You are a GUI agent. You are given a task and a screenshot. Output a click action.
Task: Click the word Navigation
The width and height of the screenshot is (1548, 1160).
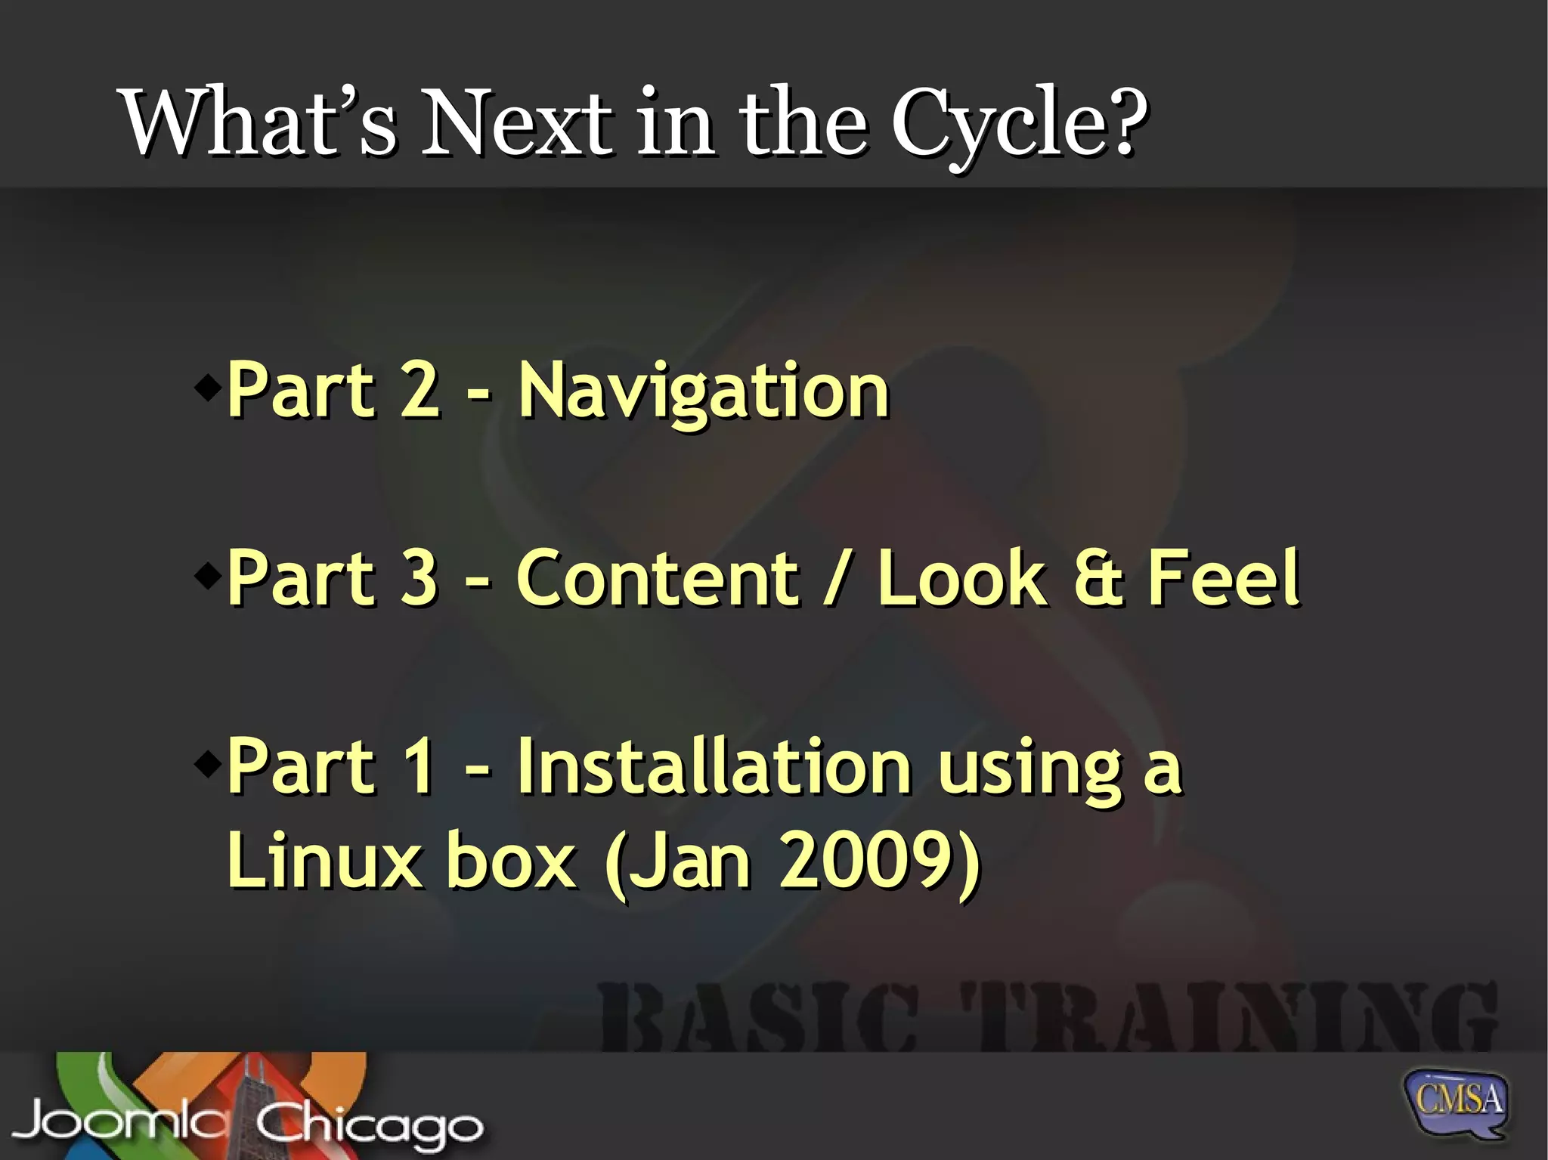click(x=703, y=391)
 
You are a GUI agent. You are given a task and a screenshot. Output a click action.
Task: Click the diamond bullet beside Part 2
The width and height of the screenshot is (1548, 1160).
click(x=206, y=389)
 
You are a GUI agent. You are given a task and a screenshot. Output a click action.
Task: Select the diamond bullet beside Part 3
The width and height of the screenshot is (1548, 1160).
click(x=206, y=577)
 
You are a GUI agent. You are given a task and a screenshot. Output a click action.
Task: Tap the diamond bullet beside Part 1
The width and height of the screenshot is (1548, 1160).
click(x=206, y=765)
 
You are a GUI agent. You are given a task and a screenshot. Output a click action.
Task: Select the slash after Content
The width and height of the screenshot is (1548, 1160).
click(x=837, y=580)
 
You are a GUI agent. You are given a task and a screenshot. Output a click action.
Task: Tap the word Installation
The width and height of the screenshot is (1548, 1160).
click(x=714, y=766)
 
